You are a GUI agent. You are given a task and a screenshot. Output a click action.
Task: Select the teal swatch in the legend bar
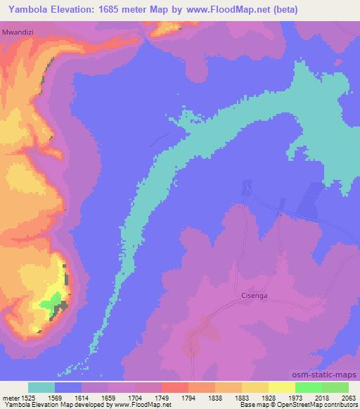41,387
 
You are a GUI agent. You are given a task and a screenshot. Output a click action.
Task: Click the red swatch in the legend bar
175,387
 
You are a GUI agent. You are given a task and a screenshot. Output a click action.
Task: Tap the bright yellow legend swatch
282,387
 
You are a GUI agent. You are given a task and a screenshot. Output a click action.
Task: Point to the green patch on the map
50,304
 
